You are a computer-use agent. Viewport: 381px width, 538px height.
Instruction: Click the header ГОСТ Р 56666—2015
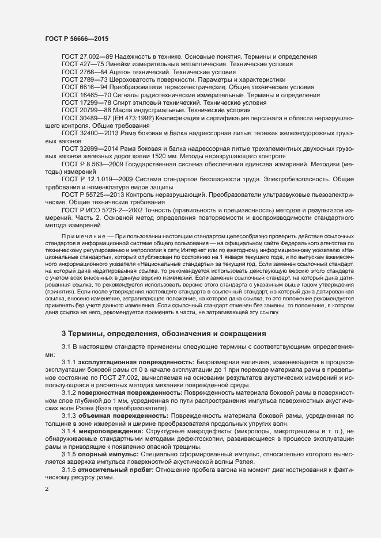(76, 38)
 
